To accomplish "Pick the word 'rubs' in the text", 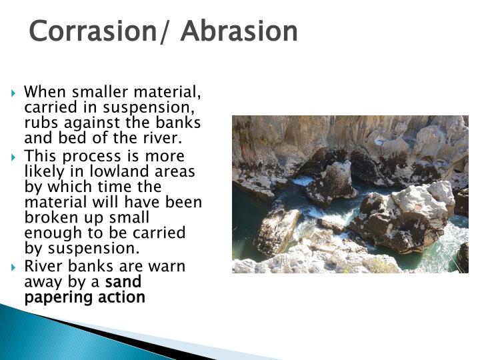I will [x=40, y=123].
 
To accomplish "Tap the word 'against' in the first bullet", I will [x=88, y=123].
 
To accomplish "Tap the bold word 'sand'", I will [x=123, y=282].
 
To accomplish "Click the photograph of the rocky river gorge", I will [x=350, y=194].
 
